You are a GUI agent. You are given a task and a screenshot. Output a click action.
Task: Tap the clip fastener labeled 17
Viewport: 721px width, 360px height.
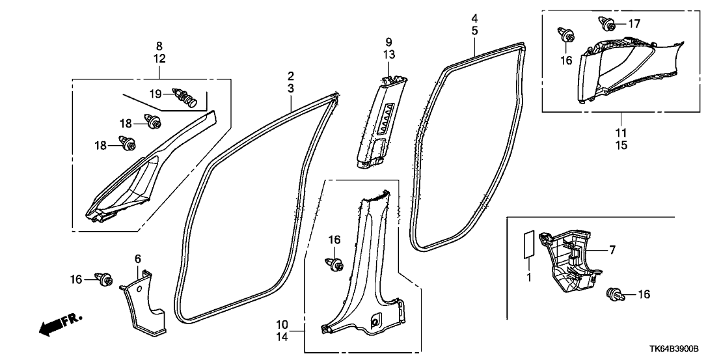point(609,25)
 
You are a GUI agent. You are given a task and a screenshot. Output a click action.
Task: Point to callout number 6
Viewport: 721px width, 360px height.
point(137,259)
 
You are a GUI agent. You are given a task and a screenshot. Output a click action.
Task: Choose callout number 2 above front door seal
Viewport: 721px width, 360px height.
point(291,76)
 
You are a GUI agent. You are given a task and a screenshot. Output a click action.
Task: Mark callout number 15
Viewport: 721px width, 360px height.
point(621,145)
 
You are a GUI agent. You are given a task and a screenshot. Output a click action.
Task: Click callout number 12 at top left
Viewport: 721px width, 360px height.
point(159,59)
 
